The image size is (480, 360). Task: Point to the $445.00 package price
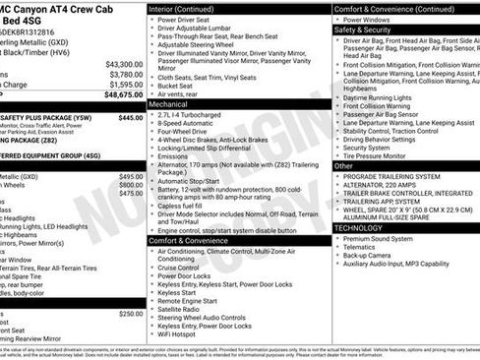[x=131, y=116]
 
